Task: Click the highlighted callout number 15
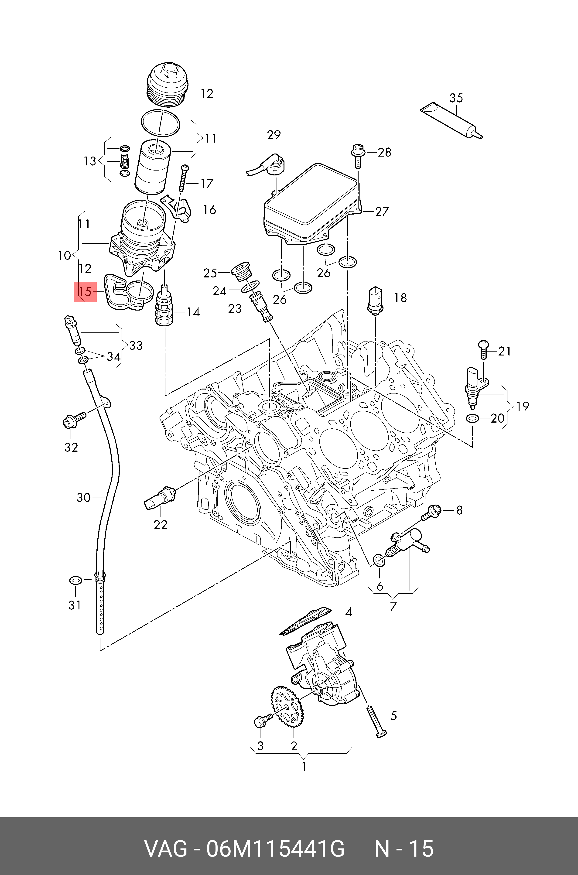pos(85,292)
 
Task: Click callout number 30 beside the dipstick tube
pos(84,498)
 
